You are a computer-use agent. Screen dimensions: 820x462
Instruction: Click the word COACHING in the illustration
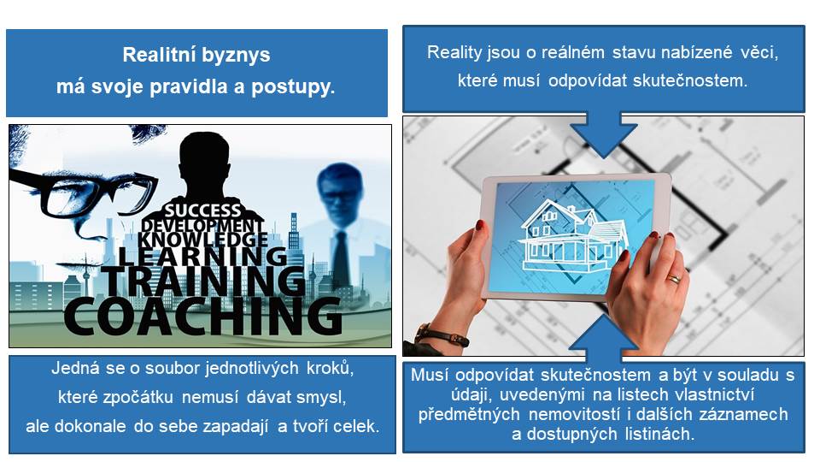coord(203,316)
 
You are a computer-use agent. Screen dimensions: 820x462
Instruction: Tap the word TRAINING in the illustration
coord(204,281)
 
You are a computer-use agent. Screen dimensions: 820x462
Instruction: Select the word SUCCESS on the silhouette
coord(203,210)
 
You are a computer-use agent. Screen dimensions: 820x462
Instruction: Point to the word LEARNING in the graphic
coord(203,256)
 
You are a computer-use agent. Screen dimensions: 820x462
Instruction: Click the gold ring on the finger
coord(675,279)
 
